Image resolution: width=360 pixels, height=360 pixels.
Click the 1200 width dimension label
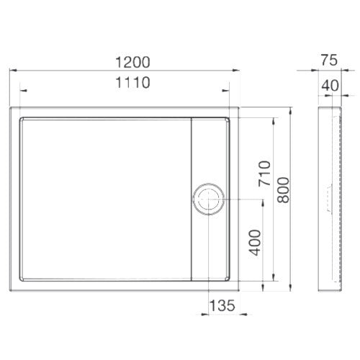click(132, 62)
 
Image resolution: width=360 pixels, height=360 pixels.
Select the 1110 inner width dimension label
click(132, 82)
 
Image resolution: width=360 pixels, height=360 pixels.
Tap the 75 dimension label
click(329, 60)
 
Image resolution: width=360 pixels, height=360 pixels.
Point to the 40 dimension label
click(330, 85)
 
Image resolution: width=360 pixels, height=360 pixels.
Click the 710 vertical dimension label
click(264, 174)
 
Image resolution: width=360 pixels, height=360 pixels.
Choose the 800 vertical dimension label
click(283, 190)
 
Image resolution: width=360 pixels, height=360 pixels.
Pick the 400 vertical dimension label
click(255, 243)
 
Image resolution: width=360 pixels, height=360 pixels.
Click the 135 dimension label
click(222, 305)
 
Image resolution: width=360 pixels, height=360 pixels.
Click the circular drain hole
click(209, 199)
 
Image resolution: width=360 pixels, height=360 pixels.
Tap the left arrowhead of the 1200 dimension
click(13, 71)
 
